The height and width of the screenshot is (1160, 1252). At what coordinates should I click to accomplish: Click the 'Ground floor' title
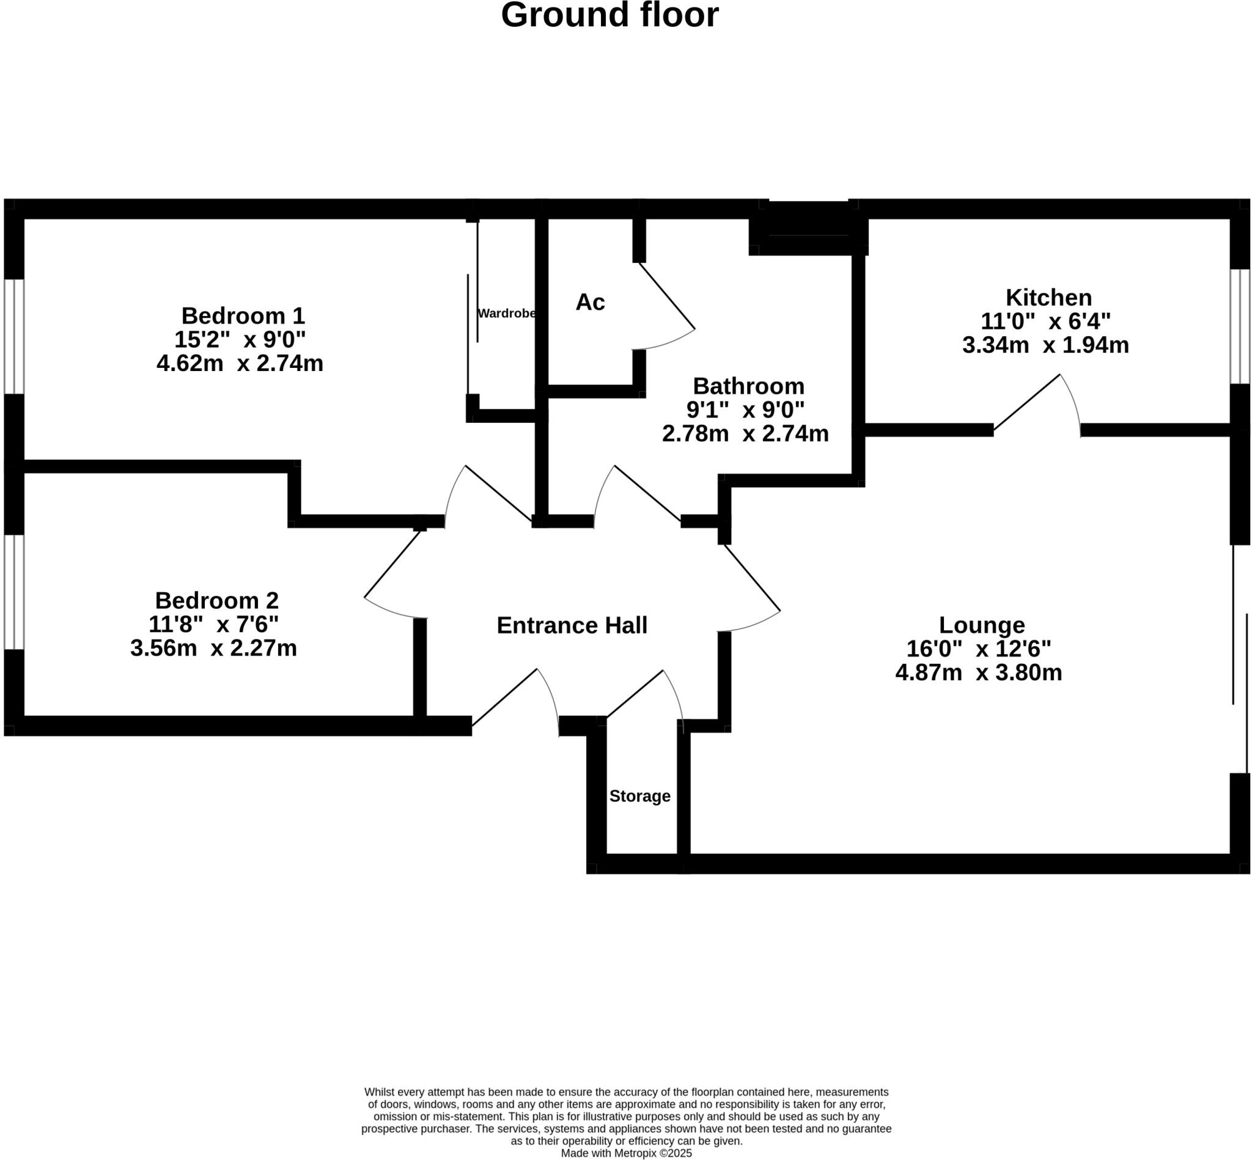tap(609, 15)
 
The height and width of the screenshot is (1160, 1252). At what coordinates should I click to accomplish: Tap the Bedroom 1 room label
tap(242, 315)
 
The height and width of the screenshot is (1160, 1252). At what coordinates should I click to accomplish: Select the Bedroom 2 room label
tap(216, 601)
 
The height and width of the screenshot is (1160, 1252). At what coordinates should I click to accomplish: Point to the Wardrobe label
tap(506, 314)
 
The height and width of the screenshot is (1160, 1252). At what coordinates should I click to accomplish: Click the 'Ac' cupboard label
tap(589, 302)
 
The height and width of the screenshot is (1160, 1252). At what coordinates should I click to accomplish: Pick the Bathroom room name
tap(748, 386)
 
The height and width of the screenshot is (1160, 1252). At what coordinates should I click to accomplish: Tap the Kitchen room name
tap(1048, 297)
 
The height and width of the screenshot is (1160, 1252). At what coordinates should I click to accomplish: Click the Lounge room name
tap(981, 625)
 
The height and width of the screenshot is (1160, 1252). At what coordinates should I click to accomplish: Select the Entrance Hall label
tap(572, 625)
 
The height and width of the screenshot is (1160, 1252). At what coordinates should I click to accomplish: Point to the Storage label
tap(639, 796)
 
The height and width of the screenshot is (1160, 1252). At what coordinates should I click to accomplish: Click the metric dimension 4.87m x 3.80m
tap(978, 673)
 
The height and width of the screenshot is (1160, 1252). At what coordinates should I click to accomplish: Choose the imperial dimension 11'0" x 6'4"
tap(1045, 321)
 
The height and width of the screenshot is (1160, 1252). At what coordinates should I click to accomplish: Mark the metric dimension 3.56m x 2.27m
tap(213, 648)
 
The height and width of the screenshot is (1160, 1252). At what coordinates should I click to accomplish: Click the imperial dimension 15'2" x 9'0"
tap(240, 340)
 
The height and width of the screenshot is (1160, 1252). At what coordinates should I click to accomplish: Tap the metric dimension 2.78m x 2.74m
tap(745, 433)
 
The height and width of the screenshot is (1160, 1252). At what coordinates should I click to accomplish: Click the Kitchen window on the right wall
tap(1239, 326)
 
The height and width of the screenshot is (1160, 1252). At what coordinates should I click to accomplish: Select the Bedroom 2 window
tap(14, 592)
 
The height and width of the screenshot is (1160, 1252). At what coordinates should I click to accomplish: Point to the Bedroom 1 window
tap(14, 337)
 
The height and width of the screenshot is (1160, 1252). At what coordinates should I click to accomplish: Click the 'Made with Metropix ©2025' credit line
tap(626, 1153)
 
